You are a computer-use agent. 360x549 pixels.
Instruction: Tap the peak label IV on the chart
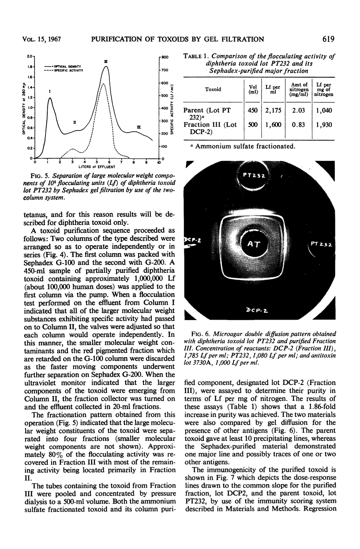pos(139,127)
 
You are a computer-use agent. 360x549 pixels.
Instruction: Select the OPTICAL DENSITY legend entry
pos(65,65)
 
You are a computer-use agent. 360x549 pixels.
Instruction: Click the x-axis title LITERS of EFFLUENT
pos(97,167)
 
